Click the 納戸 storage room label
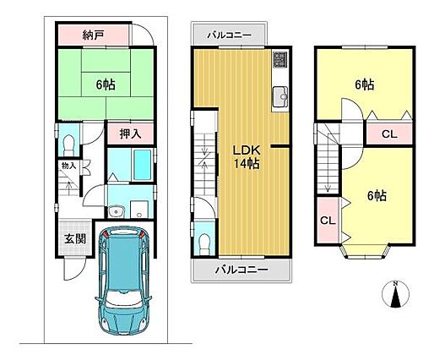(94, 35)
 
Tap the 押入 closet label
(130, 134)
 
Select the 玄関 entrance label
(75, 239)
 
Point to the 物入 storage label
(69, 166)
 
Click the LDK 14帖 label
(247, 157)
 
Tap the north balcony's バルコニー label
(229, 35)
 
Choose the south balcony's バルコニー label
(241, 270)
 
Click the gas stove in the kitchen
(280, 59)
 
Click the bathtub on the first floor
(143, 165)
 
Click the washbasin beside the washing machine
(117, 211)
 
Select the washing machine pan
(139, 210)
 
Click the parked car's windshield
(123, 298)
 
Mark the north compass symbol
(395, 294)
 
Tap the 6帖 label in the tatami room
(106, 85)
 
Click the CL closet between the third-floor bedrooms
(389, 134)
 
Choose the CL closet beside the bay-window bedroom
(328, 221)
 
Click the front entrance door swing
(74, 269)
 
